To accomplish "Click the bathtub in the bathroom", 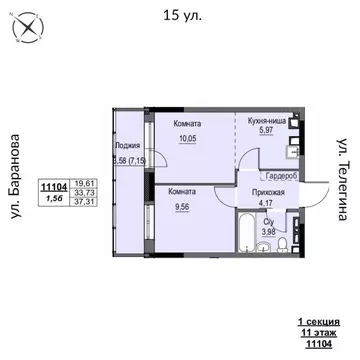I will click(x=243, y=226).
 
